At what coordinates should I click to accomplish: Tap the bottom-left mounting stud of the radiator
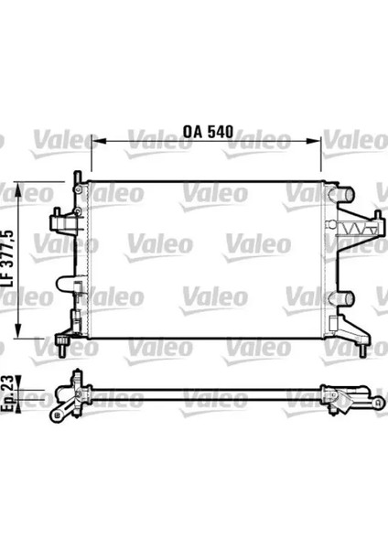point(61,347)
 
